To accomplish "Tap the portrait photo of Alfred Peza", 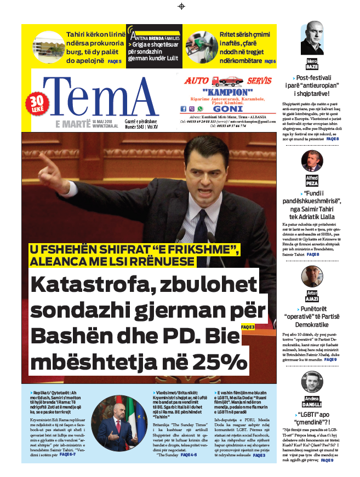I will [312, 161].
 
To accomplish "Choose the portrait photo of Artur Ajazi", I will [312, 278].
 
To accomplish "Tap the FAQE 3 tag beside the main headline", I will [248, 327].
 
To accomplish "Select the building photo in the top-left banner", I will [48, 47].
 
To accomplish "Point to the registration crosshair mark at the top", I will [181, 6].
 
